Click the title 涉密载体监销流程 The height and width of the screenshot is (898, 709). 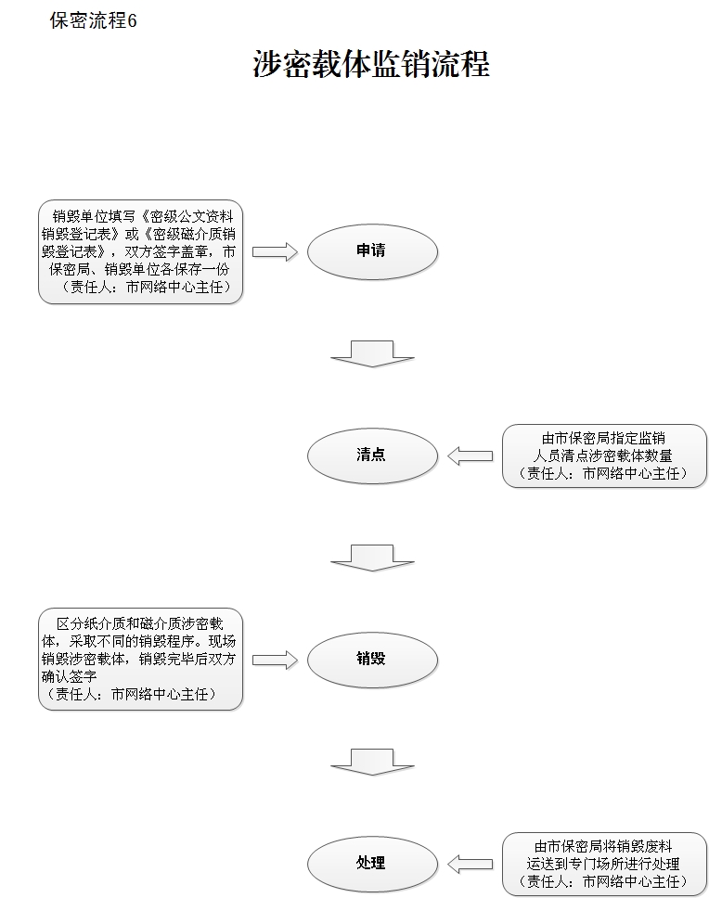(370, 65)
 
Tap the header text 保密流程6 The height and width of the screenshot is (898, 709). (93, 21)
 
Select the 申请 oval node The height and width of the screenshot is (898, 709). (371, 251)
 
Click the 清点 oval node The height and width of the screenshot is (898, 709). (371, 455)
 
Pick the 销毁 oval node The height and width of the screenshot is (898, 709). (371, 660)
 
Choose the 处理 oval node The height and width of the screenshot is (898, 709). (371, 864)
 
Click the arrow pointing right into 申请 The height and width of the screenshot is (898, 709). (275, 251)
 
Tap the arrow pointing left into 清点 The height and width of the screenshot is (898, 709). (470, 455)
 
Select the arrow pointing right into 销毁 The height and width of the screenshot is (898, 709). (275, 660)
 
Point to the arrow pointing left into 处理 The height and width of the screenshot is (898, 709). (470, 864)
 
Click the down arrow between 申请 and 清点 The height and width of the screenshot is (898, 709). (372, 353)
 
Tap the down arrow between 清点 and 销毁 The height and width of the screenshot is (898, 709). (372, 558)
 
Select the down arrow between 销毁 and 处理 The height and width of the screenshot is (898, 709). (372, 761)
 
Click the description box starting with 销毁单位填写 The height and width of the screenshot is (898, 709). (140, 251)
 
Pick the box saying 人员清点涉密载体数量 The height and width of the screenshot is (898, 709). (603, 455)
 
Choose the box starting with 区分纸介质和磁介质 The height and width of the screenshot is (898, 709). (140, 660)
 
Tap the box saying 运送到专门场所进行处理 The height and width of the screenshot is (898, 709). (603, 864)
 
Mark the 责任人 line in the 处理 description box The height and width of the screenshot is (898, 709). (603, 881)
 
